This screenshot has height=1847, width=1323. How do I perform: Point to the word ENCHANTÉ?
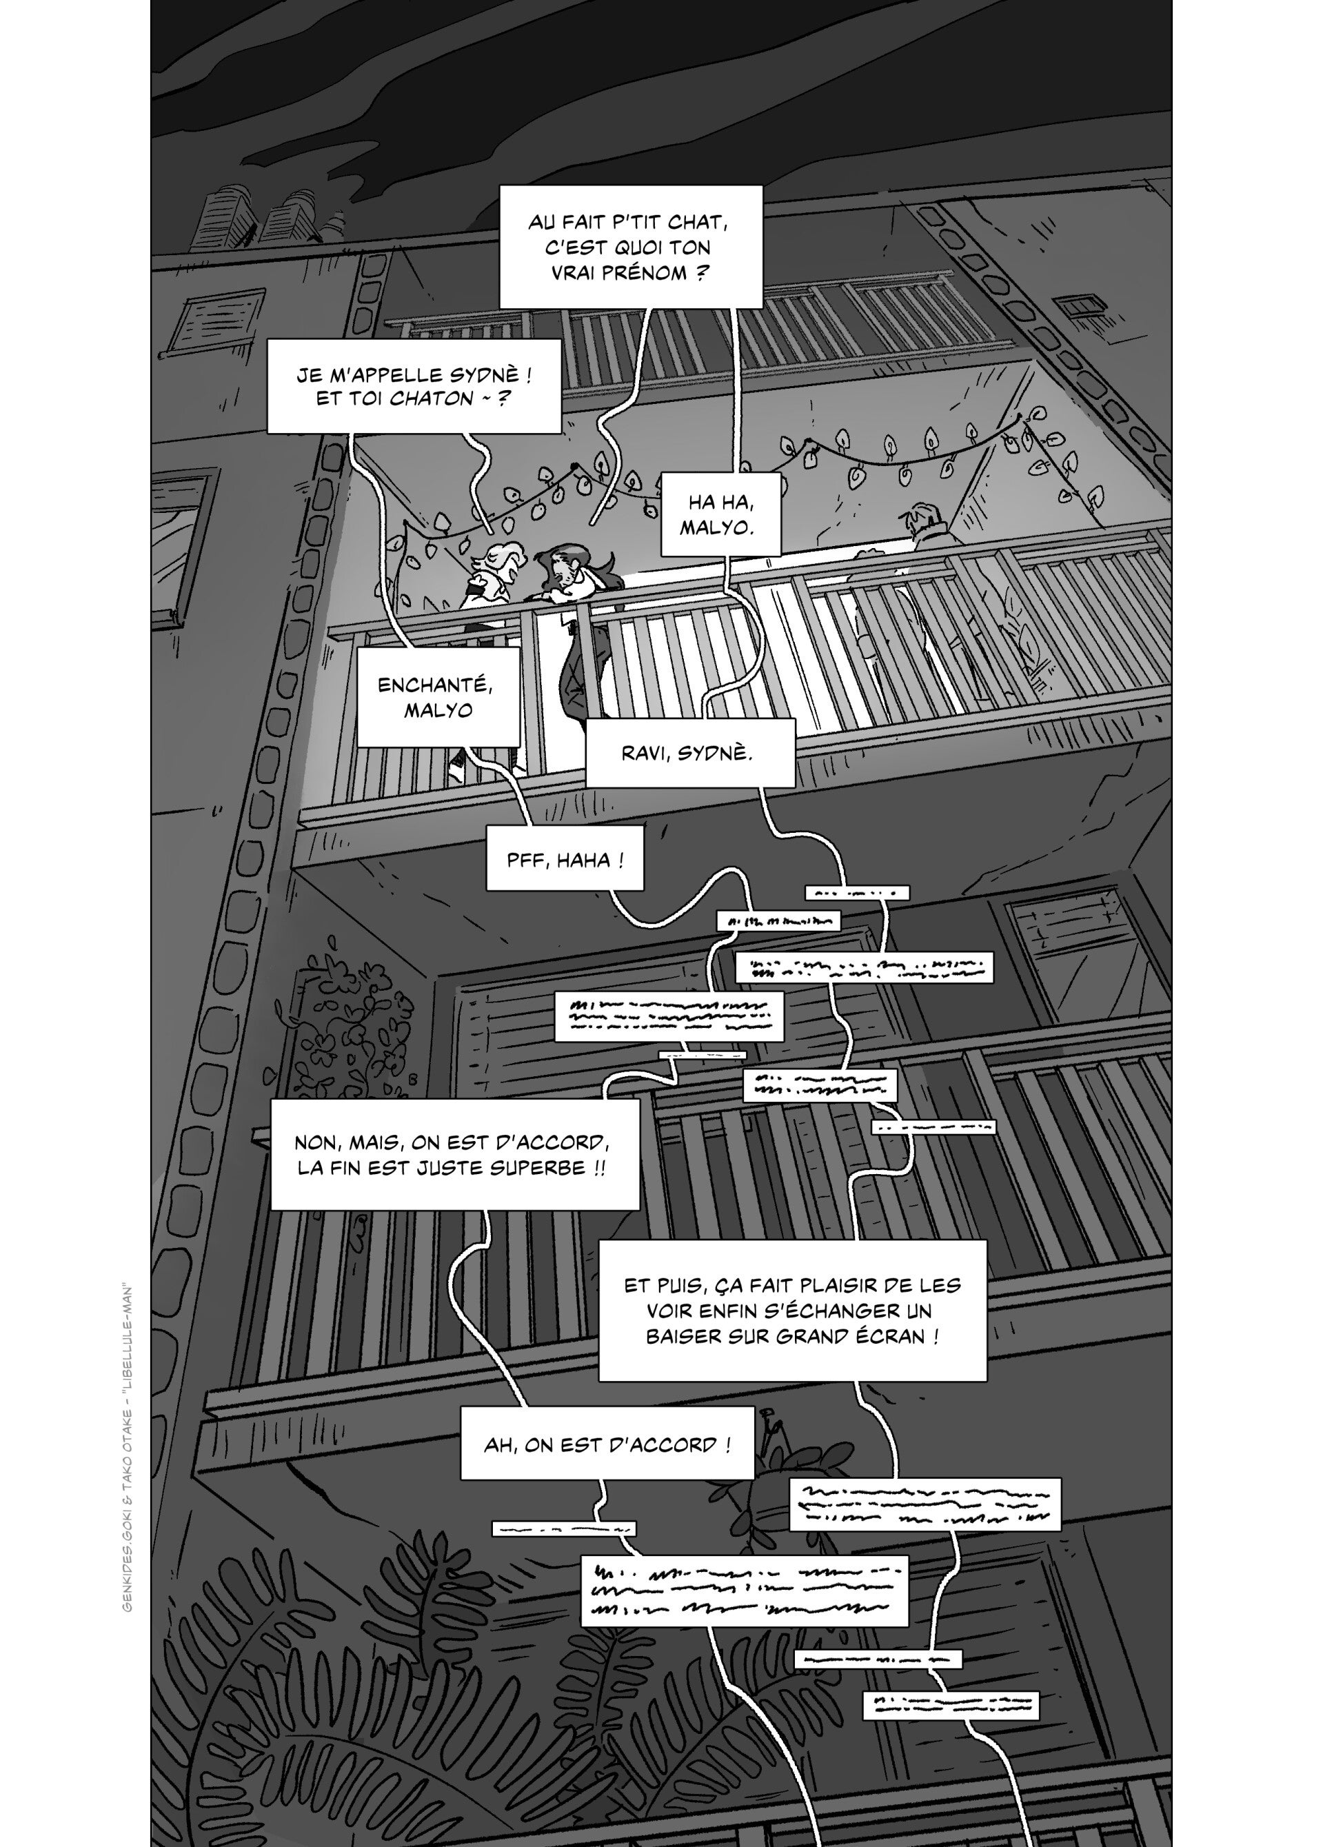pos(436,685)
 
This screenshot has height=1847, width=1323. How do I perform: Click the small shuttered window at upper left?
pos(209,323)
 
